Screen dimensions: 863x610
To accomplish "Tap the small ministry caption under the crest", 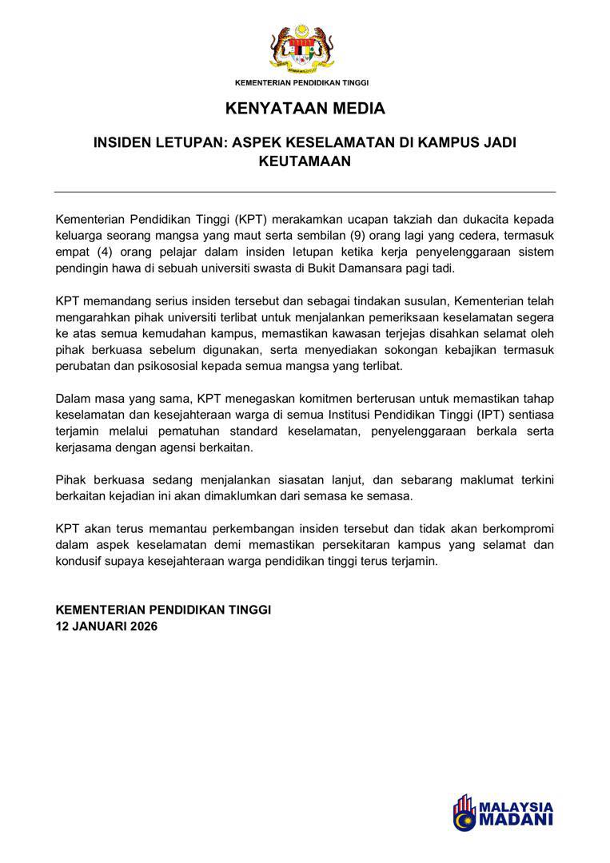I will click(301, 82).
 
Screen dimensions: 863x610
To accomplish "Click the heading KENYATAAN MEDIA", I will click(305, 108).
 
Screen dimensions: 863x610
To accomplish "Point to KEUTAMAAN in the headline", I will click(305, 161).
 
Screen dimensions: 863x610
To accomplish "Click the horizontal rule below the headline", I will click(305, 192).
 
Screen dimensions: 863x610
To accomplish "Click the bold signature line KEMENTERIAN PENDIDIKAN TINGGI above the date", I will click(163, 610).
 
